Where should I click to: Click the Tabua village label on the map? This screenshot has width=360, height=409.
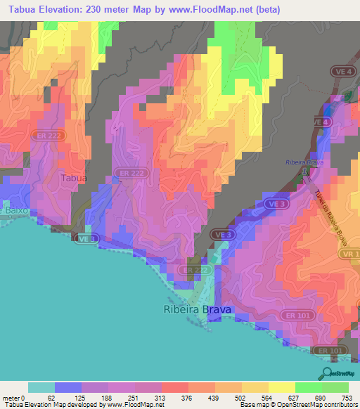tap(74, 178)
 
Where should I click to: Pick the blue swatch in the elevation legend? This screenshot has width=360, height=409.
tap(68, 387)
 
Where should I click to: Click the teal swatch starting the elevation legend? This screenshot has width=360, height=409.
tap(41, 387)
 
